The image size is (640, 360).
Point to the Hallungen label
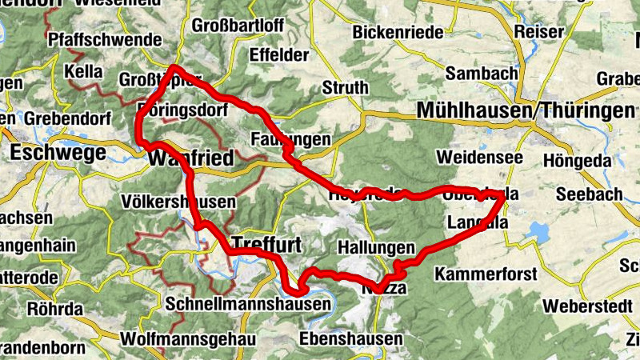click(x=377, y=248)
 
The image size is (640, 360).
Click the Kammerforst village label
click(x=486, y=274)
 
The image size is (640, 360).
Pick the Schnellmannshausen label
click(x=249, y=305)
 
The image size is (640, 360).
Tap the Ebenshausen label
click(x=351, y=339)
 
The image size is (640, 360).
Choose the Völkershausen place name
click(x=179, y=201)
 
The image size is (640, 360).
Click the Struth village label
click(x=345, y=87)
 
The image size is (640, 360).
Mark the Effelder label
click(x=279, y=55)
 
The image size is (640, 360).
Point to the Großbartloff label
click(x=238, y=25)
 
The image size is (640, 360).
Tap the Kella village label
click(x=84, y=72)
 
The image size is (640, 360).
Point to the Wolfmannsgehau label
click(x=187, y=339)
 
